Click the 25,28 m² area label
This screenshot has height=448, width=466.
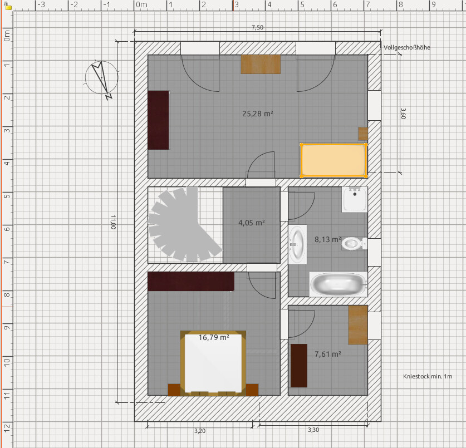[x=258, y=114]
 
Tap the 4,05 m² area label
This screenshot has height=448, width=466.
[x=252, y=223]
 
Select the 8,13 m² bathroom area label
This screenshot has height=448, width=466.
[x=328, y=239]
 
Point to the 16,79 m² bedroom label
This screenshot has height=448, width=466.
[x=214, y=337]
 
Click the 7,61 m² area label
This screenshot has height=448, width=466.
[x=328, y=354]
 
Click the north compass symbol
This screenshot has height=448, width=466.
[x=102, y=78]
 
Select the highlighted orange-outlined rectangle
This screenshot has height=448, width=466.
[x=333, y=160]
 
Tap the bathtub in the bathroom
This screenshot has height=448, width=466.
[x=339, y=284]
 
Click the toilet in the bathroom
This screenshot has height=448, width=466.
[x=354, y=244]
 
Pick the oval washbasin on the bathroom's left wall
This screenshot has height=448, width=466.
[x=297, y=244]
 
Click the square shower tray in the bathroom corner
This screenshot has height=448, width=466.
[x=355, y=199]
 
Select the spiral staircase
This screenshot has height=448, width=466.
[x=184, y=225]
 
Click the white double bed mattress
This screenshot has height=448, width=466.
[x=213, y=363]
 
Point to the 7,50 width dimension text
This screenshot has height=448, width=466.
[x=257, y=27]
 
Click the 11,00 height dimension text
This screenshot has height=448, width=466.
[x=113, y=222]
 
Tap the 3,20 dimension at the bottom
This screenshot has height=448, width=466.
[x=200, y=431]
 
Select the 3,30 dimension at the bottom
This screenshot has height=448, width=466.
[x=313, y=430]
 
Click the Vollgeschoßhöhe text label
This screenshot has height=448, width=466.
[x=406, y=47]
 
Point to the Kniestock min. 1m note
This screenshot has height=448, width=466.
[x=428, y=376]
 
